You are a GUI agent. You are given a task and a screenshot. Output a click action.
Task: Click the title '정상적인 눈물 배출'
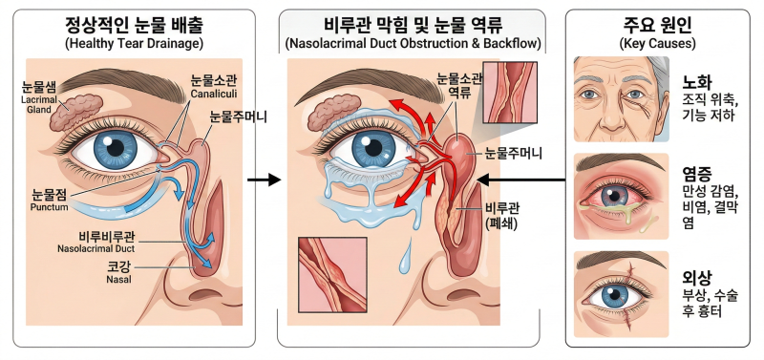134,25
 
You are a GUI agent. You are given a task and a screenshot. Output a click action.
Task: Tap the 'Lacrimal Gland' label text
36,105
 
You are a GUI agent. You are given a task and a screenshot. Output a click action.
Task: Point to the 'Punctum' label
50,207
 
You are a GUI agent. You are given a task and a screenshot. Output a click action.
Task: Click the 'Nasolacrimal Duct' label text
96,249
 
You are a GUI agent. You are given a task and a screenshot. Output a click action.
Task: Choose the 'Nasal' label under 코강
118,280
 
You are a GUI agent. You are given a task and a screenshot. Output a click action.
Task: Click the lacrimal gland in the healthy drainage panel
75,112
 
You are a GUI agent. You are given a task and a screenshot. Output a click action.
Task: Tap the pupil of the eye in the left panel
116,148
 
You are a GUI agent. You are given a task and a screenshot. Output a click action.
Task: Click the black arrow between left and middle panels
265,180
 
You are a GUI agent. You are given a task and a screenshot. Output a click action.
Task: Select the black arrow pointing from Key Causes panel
520,180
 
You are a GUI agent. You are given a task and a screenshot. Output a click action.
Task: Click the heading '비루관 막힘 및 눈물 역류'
413,25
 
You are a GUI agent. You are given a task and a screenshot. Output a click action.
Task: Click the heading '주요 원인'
657,25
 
